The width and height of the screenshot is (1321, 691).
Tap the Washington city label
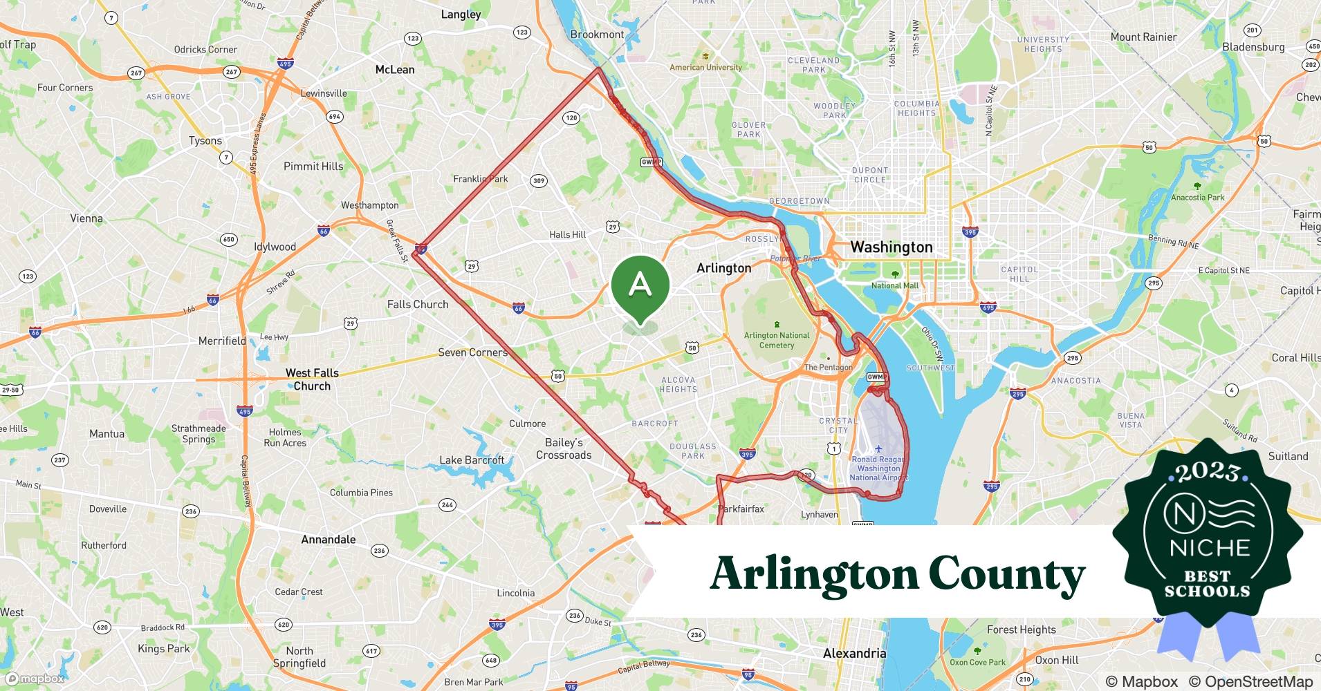pyautogui.click(x=891, y=247)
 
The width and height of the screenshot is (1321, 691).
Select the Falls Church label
pyautogui.click(x=418, y=304)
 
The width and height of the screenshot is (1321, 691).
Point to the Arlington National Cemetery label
pyautogui.click(x=776, y=340)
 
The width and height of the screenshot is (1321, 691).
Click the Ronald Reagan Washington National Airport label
pyautogui.click(x=878, y=468)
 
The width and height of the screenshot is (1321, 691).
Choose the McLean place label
pyautogui.click(x=394, y=70)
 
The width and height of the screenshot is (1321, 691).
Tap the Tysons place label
pyautogui.click(x=205, y=141)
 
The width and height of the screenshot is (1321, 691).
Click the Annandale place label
pyautogui.click(x=328, y=540)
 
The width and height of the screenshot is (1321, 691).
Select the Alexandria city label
pyautogui.click(x=854, y=653)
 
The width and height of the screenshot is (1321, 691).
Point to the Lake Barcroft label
pyautogui.click(x=472, y=460)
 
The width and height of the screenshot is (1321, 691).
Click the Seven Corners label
pyautogui.click(x=472, y=352)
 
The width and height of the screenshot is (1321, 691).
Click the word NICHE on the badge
pyautogui.click(x=1210, y=548)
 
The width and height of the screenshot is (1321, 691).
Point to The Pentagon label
pyautogui.click(x=828, y=367)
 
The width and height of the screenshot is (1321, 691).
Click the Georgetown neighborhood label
pyautogui.click(x=799, y=201)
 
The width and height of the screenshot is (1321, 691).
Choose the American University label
pyautogui.click(x=705, y=67)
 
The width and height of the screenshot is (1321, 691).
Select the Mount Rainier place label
pyautogui.click(x=1143, y=37)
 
